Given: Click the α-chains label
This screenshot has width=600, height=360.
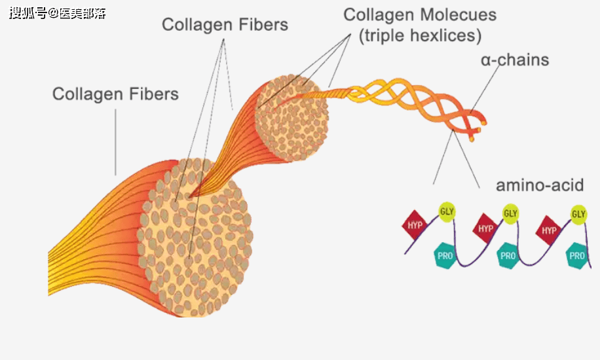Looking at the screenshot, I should point(514,61).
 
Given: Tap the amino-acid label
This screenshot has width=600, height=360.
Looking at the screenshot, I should point(539,185).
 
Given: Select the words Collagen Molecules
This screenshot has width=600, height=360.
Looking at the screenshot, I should point(420,14).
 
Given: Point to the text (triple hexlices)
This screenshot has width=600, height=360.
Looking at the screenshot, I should point(420,35).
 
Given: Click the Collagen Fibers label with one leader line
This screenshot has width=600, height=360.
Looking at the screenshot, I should point(115,94).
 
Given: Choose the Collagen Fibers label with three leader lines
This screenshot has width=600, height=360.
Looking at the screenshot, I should point(225,25).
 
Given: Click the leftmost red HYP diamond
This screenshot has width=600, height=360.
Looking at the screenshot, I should point(415,226).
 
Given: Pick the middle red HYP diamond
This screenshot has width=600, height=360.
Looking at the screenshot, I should point(485,228).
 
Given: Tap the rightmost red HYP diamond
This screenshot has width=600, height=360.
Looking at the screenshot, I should point(549,230).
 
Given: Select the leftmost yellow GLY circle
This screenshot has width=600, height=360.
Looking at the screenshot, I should point(447,211).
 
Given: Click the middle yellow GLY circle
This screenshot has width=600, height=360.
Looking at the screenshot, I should point(511,213).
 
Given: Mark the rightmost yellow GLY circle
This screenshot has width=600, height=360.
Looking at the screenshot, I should point(578,213).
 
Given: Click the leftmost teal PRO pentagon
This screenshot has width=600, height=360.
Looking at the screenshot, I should point(445,255).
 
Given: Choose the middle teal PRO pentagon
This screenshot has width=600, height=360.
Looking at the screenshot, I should point(508,256).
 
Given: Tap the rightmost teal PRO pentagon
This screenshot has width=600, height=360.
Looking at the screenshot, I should point(577,256).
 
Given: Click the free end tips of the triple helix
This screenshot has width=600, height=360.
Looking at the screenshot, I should point(480,127).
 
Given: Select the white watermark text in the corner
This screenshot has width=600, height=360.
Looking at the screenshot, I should point(58,12).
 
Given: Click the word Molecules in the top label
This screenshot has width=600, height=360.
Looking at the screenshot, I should point(458,14).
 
